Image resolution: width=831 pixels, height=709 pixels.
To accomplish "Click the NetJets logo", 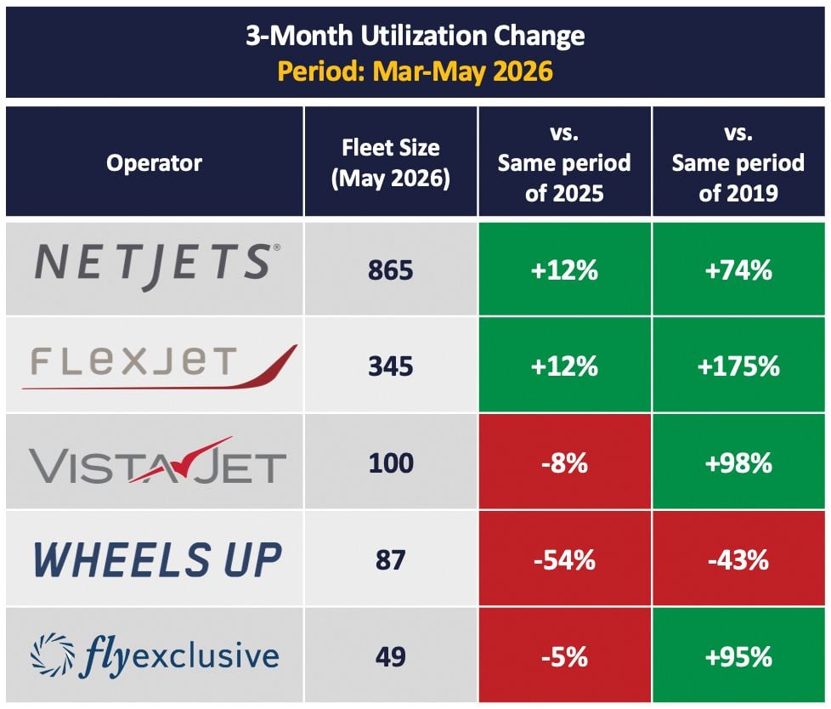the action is (x=157, y=266).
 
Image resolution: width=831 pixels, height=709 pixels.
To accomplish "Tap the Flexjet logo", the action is (x=160, y=366).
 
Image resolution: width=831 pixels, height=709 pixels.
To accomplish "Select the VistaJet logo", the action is (x=157, y=462).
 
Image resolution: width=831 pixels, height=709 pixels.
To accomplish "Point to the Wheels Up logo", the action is (x=157, y=560).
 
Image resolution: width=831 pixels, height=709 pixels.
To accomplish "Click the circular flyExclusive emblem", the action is (x=53, y=655).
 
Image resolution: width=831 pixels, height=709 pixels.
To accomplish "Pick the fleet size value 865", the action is (x=391, y=270).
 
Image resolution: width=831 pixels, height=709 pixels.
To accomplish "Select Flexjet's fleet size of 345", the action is (x=391, y=366).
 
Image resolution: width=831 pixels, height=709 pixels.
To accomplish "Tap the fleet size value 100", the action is (x=391, y=463).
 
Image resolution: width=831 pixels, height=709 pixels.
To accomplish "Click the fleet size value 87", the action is (x=391, y=560).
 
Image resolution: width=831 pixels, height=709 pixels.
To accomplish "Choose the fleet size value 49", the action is (x=391, y=657).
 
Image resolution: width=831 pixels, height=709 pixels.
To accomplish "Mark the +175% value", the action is (x=738, y=366).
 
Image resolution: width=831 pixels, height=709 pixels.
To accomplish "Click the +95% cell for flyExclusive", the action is (x=738, y=657).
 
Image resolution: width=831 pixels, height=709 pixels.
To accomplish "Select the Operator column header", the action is (x=155, y=163).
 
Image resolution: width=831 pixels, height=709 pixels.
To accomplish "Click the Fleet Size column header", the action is (x=391, y=163).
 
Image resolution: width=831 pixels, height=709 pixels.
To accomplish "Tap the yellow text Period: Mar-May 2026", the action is (x=415, y=71).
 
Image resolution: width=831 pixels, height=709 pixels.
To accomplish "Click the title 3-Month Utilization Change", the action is (x=415, y=36).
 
